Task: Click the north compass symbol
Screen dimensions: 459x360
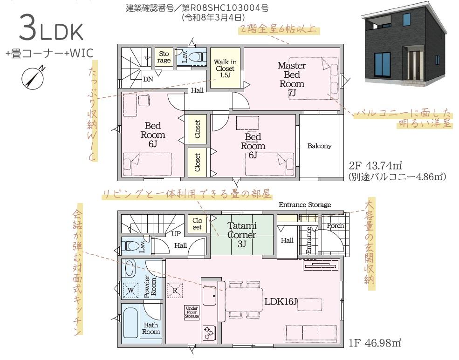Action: click(33, 77)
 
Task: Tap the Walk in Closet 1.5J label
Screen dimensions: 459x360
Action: click(225, 68)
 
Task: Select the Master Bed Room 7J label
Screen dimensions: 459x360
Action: click(292, 79)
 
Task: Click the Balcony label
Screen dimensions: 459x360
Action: click(319, 146)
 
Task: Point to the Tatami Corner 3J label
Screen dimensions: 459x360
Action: click(242, 235)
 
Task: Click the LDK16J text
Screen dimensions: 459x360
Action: click(281, 301)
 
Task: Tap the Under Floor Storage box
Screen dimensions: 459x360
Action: click(192, 312)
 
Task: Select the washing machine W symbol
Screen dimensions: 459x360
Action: click(130, 291)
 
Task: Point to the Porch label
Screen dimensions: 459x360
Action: click(335, 226)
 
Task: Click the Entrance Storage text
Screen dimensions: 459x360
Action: click(305, 205)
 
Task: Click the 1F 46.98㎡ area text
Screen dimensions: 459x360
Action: click(375, 342)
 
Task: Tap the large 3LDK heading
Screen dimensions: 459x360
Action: click(51, 29)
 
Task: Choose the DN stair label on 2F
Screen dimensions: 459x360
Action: click(148, 79)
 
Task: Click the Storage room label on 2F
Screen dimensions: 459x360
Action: click(164, 57)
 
